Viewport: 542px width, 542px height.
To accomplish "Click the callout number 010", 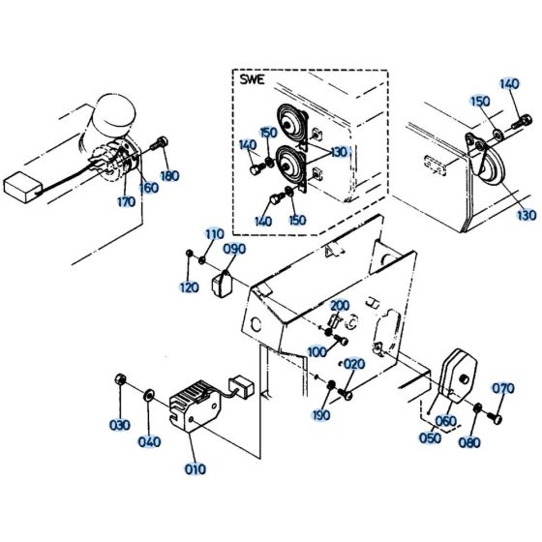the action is [x=196, y=469].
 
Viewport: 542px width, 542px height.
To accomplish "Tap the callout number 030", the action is [x=120, y=425].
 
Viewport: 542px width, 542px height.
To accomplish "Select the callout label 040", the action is [x=150, y=441].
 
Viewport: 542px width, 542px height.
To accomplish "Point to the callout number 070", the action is [x=503, y=388].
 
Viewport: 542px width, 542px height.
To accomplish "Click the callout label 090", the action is [x=234, y=249].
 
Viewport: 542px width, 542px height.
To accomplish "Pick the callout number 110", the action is [x=215, y=234].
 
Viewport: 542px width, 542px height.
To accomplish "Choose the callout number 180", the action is [x=169, y=176].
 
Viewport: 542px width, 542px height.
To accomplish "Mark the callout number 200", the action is [x=340, y=306].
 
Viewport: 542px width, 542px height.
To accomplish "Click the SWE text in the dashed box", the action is [x=253, y=79].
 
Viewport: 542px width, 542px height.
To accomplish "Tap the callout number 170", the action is [x=126, y=202].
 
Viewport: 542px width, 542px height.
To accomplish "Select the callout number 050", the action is [x=431, y=437].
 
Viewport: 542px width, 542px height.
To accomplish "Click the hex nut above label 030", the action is [x=119, y=379].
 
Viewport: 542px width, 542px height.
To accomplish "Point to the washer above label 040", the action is [x=149, y=395].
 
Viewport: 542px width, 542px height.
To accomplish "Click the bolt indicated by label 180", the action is [x=160, y=143].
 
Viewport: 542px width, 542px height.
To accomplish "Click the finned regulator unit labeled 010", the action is [x=195, y=406].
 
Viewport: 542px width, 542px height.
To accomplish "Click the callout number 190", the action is [x=320, y=415].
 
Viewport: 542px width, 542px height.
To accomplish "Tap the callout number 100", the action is [x=317, y=352].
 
